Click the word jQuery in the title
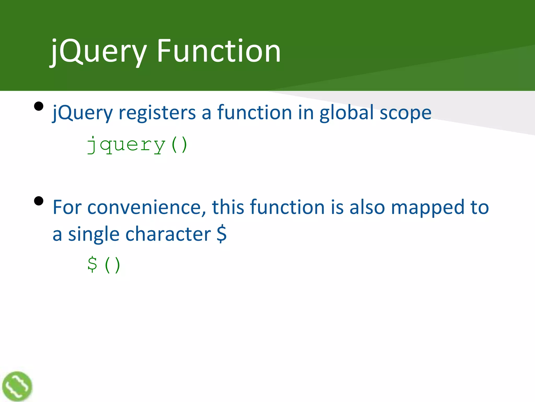(x=98, y=51)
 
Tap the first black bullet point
(x=39, y=107)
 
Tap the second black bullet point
(x=39, y=201)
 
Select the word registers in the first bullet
(x=157, y=113)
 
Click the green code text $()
(x=104, y=265)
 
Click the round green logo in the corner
(x=17, y=386)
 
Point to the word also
(x=367, y=207)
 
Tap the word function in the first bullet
(x=254, y=112)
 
